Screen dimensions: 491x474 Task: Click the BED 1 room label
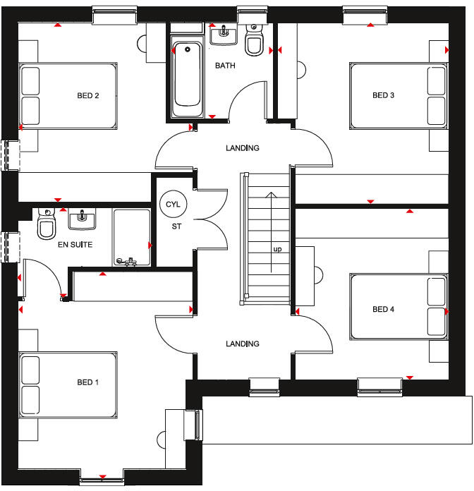[88, 382]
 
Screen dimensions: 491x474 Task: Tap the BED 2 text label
[88, 95]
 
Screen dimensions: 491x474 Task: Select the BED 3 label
[384, 95]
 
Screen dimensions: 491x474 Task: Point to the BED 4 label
[384, 309]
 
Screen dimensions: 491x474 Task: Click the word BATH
[226, 66]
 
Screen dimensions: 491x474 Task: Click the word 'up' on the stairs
[279, 249]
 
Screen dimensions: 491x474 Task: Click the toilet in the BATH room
[253, 43]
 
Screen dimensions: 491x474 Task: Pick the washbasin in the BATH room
[224, 33]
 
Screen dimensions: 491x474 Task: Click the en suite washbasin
[83, 219]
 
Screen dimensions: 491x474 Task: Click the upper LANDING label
[242, 148]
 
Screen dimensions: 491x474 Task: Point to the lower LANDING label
[242, 344]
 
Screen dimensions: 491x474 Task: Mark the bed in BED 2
[68, 96]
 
